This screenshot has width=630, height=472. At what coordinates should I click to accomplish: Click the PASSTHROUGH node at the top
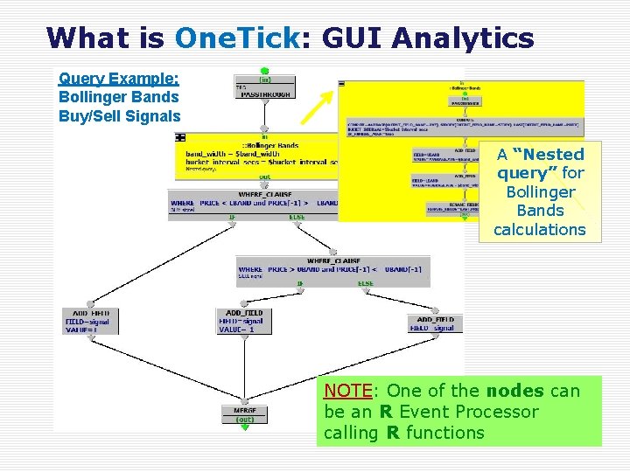click(x=263, y=89)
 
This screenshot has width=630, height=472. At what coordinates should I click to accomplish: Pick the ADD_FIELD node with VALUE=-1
click(x=244, y=321)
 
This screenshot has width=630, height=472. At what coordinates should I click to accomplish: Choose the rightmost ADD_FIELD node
click(x=435, y=323)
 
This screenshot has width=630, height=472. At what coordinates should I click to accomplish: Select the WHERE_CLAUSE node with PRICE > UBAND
click(x=332, y=267)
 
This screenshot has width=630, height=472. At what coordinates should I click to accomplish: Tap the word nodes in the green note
click(x=510, y=391)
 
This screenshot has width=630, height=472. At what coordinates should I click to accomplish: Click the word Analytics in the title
click(x=463, y=38)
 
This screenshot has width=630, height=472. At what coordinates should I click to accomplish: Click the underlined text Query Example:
click(x=118, y=78)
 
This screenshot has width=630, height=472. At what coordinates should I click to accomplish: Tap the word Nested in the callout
click(x=549, y=155)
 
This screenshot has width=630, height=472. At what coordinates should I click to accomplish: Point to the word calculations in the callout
click(x=539, y=230)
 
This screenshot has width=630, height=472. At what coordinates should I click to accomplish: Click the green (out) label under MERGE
click(x=245, y=419)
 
